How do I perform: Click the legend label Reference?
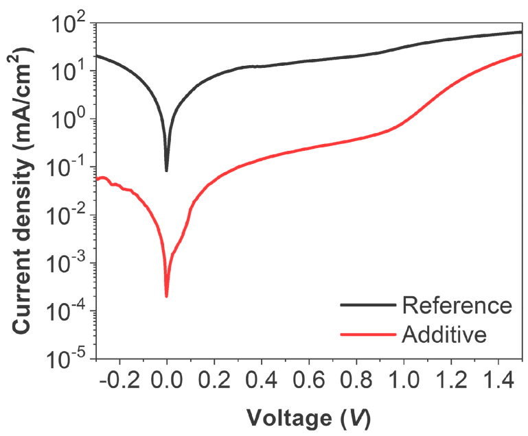(x=457, y=305)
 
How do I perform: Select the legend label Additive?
(x=445, y=335)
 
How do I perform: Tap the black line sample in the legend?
(x=368, y=305)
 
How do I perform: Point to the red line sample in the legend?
(x=368, y=335)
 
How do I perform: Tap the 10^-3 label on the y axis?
(x=65, y=264)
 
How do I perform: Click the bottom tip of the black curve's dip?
(x=167, y=170)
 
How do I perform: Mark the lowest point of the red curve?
(x=167, y=296)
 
